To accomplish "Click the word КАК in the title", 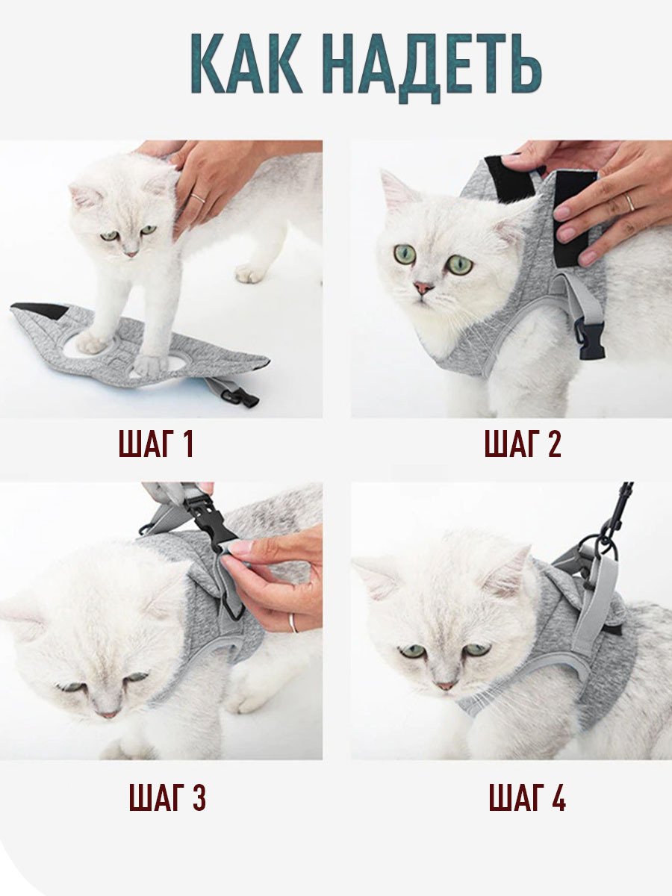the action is pyautogui.click(x=246, y=63).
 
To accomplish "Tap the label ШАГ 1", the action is pyautogui.click(x=155, y=444).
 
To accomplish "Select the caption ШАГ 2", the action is pyautogui.click(x=523, y=444).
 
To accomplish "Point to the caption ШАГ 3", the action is pyautogui.click(x=167, y=797).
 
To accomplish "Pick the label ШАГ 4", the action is pyautogui.click(x=527, y=797).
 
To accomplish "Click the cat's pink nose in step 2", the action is pyautogui.click(x=423, y=287).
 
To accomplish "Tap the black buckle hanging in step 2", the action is pyautogui.click(x=589, y=339).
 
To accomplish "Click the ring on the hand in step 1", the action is pyautogui.click(x=198, y=199).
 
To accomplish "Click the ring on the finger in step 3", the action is pyautogui.click(x=293, y=623).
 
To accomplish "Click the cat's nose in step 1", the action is pyautogui.click(x=131, y=253).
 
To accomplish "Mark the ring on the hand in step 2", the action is pyautogui.click(x=630, y=202).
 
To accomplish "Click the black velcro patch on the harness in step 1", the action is pyautogui.click(x=41, y=310).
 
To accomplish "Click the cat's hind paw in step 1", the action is pyautogui.click(x=250, y=273).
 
